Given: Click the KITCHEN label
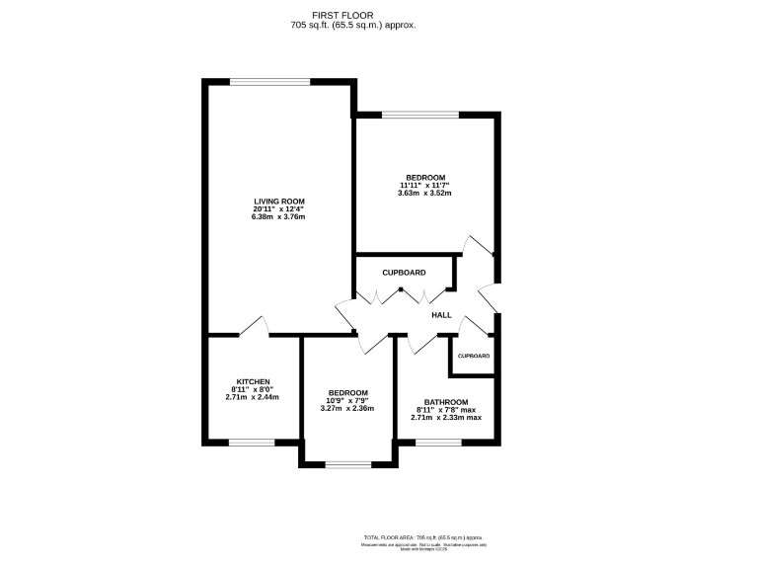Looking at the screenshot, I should coord(253,381).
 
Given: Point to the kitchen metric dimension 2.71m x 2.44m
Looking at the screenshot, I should coord(253,397).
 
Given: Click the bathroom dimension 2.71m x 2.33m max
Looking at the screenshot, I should coord(446,418).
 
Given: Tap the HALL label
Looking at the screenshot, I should coord(441,315).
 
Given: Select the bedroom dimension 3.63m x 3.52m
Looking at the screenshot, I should coord(425,193).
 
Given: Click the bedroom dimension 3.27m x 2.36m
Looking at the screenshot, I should coord(348,408).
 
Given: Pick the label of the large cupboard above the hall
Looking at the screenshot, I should coord(405,272).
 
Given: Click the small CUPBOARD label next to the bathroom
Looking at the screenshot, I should coord(473,356).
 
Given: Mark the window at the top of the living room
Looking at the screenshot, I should coord(270,82).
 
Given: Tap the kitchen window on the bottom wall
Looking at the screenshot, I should coord(252,442).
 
